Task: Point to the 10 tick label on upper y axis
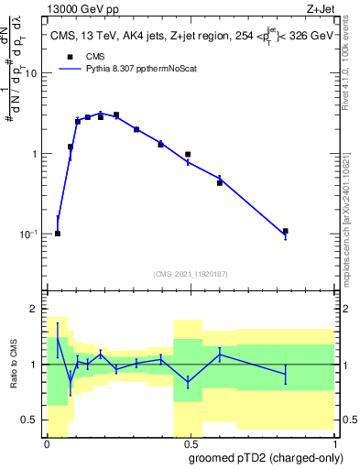(32, 74)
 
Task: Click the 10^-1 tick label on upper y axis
(29, 234)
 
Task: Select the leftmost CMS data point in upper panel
(58, 234)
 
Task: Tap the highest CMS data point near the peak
(115, 115)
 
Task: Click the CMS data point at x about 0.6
(220, 182)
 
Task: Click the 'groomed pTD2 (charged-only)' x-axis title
(266, 458)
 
